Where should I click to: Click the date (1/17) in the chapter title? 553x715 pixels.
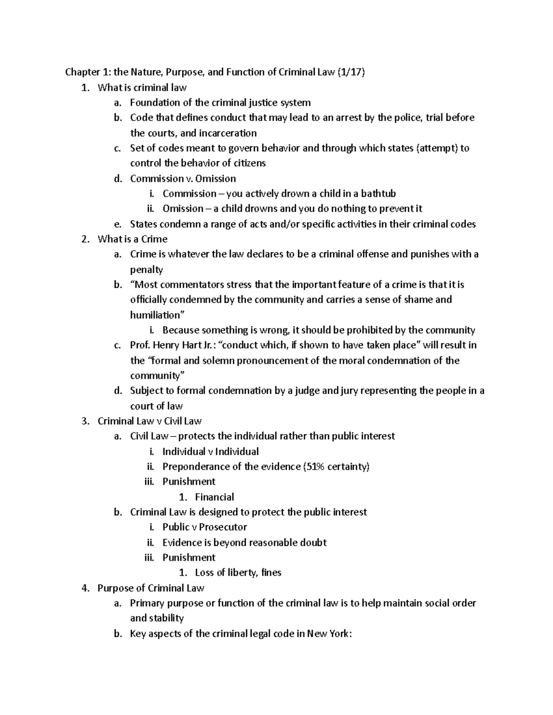(351, 72)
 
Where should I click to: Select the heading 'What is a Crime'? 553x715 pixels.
(132, 239)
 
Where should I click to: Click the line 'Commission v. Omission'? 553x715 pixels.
(183, 178)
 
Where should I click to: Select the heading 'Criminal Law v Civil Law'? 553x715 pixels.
(149, 421)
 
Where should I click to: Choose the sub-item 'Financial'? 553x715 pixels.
(214, 497)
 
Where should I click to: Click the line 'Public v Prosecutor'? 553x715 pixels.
(205, 527)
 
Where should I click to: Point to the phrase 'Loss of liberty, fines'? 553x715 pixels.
(238, 573)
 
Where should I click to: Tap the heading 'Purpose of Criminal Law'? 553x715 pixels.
(151, 588)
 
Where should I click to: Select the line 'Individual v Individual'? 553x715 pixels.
(210, 452)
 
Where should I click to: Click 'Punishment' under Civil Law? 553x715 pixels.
(189, 482)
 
